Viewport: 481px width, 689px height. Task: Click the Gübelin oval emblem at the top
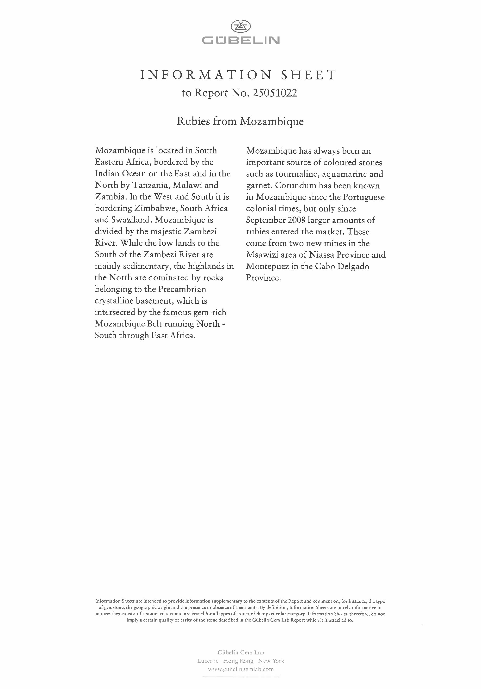point(240,27)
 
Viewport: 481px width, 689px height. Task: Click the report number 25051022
point(275,93)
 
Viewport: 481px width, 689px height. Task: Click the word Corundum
point(295,185)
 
